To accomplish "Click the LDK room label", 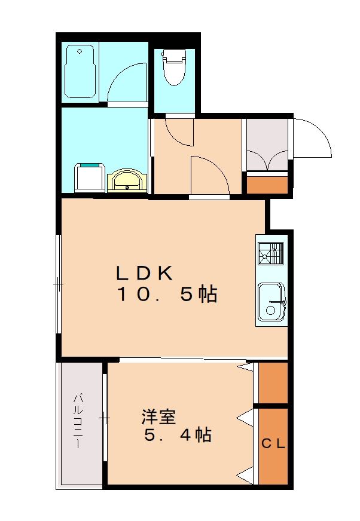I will tap(145, 273).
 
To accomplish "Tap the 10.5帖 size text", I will tap(166, 295).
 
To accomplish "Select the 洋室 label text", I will tap(158, 416).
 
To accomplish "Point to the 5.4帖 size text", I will tap(178, 436).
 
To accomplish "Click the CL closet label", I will tap(273, 444).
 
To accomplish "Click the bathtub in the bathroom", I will tap(81, 72).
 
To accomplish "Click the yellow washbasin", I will tap(126, 180).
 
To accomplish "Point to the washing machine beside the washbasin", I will tap(90, 177).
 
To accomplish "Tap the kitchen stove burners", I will tap(270, 254).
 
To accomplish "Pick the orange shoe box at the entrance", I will tap(267, 183).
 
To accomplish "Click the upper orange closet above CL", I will tap(273, 382).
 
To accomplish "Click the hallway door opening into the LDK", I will tap(209, 174).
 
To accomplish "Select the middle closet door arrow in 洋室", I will tap(245, 416).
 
